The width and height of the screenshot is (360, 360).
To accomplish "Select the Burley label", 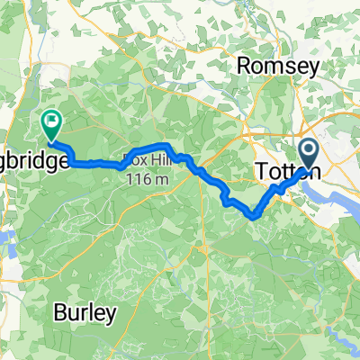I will tap(85, 314).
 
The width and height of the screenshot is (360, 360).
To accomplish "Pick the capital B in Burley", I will tap(58, 314).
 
